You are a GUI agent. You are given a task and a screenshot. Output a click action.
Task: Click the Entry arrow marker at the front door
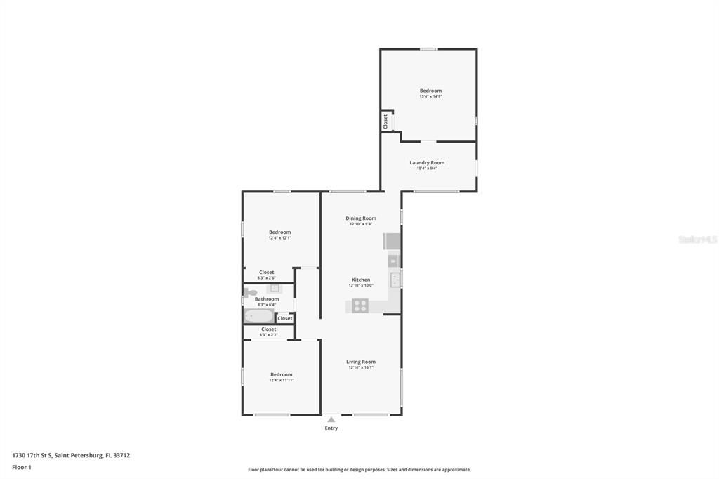pos(331,419)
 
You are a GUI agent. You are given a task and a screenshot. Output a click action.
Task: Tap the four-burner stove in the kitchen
pos(360,306)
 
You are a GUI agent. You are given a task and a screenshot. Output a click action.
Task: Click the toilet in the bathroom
pos(248,291)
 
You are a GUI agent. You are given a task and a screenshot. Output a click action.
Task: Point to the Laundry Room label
pos(427,163)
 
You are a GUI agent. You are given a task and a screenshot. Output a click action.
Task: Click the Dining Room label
pos(361,218)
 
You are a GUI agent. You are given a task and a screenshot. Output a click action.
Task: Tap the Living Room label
pos(361,362)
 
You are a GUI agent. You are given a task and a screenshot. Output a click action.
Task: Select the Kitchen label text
pos(361,280)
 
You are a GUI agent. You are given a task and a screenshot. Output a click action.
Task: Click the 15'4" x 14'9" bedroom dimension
pos(430,97)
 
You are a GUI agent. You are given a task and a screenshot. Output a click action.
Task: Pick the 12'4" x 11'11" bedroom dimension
pos(281,380)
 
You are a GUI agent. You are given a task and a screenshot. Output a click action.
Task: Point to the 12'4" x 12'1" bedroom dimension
pos(279,238)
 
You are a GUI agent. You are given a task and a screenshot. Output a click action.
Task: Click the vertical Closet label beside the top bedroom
pos(385,121)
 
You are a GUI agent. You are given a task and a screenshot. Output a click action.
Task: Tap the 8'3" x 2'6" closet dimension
pos(267,277)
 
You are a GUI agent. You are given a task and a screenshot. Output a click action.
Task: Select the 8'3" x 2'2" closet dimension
pos(269,335)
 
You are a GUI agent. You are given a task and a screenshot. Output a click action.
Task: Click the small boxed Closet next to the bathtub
pos(284,318)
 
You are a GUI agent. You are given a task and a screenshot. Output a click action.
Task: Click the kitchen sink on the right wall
pos(396,280)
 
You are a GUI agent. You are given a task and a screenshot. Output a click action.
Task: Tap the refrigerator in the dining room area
pos(391,242)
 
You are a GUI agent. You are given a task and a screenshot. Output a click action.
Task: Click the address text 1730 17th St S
pos(71,455)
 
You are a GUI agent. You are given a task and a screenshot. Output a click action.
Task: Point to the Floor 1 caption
pos(22,467)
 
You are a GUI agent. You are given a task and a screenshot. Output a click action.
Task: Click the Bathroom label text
pos(267,299)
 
